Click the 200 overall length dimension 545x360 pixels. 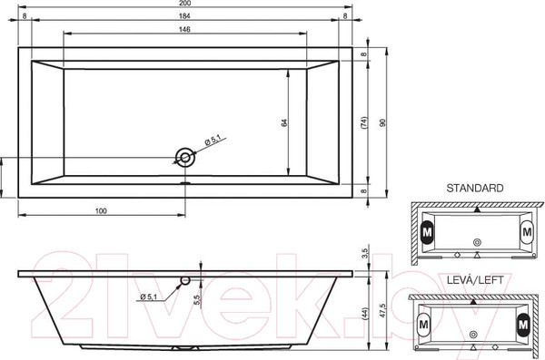(x=185, y=5)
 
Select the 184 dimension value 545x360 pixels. (x=185, y=16)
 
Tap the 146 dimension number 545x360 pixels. (x=185, y=29)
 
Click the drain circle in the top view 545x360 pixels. (x=186, y=159)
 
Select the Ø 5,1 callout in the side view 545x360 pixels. (x=151, y=297)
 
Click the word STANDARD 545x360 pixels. (x=474, y=188)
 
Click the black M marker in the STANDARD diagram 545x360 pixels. (x=426, y=231)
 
